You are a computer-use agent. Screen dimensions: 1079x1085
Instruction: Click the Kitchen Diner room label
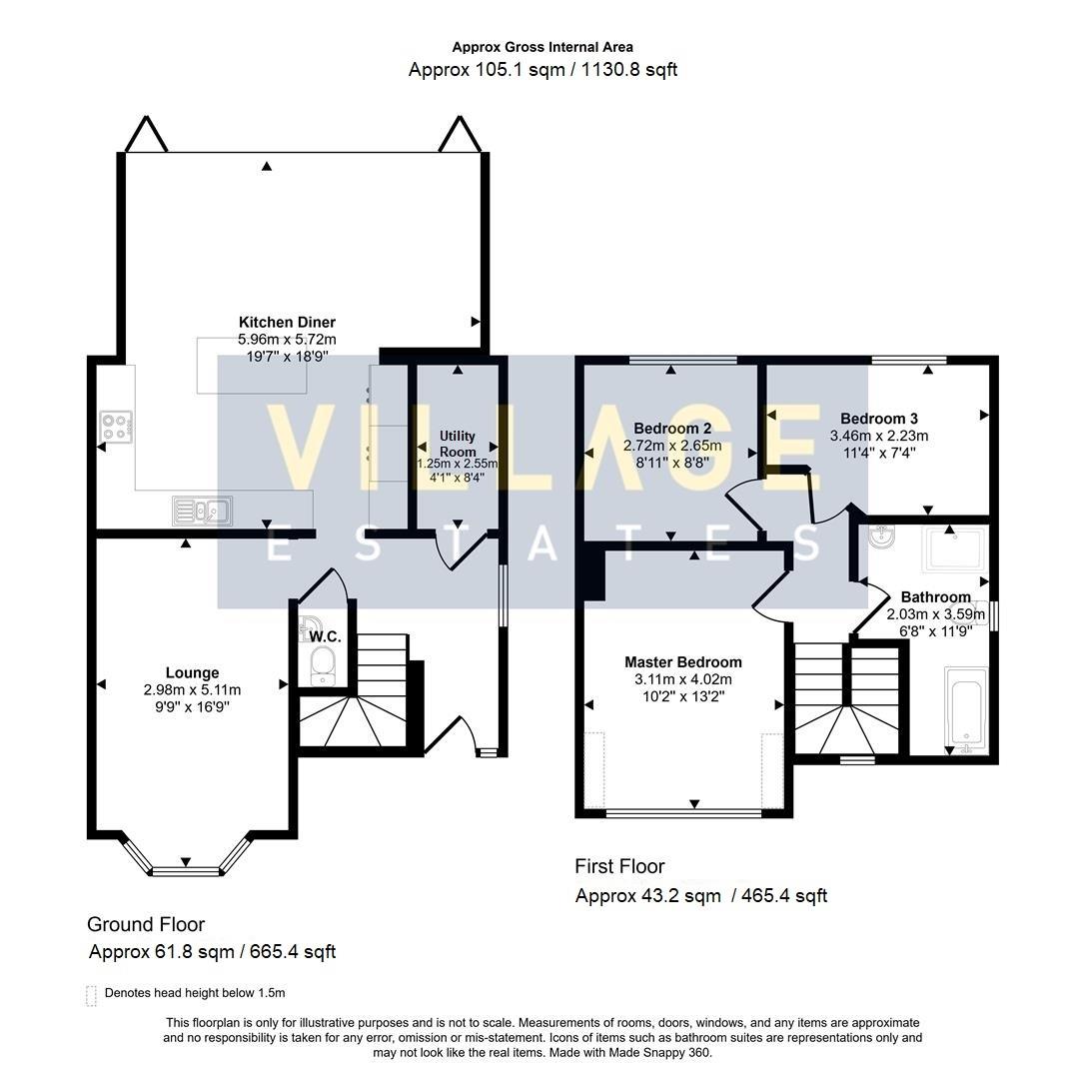click(x=287, y=323)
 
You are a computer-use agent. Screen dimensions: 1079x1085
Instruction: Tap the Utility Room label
click(x=458, y=444)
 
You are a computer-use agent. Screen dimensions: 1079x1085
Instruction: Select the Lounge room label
click(x=192, y=673)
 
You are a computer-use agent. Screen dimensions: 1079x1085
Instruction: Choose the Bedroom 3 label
click(x=878, y=419)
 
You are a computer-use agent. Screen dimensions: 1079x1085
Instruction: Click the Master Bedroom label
click(x=683, y=662)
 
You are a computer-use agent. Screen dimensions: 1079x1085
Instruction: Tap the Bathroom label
click(x=936, y=597)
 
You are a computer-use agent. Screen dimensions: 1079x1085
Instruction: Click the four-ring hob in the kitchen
click(x=116, y=428)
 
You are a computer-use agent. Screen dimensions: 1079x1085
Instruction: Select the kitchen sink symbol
click(x=203, y=512)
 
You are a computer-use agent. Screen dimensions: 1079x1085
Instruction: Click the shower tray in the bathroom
click(x=954, y=552)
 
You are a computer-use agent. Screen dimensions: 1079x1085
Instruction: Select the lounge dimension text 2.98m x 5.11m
click(x=192, y=690)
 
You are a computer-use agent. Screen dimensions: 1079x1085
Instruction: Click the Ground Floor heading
click(x=146, y=925)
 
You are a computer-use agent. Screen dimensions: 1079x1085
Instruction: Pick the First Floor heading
click(x=619, y=866)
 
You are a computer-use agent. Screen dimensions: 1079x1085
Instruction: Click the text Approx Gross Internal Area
click(x=542, y=47)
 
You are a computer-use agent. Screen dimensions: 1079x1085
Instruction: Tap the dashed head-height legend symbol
click(x=92, y=994)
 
